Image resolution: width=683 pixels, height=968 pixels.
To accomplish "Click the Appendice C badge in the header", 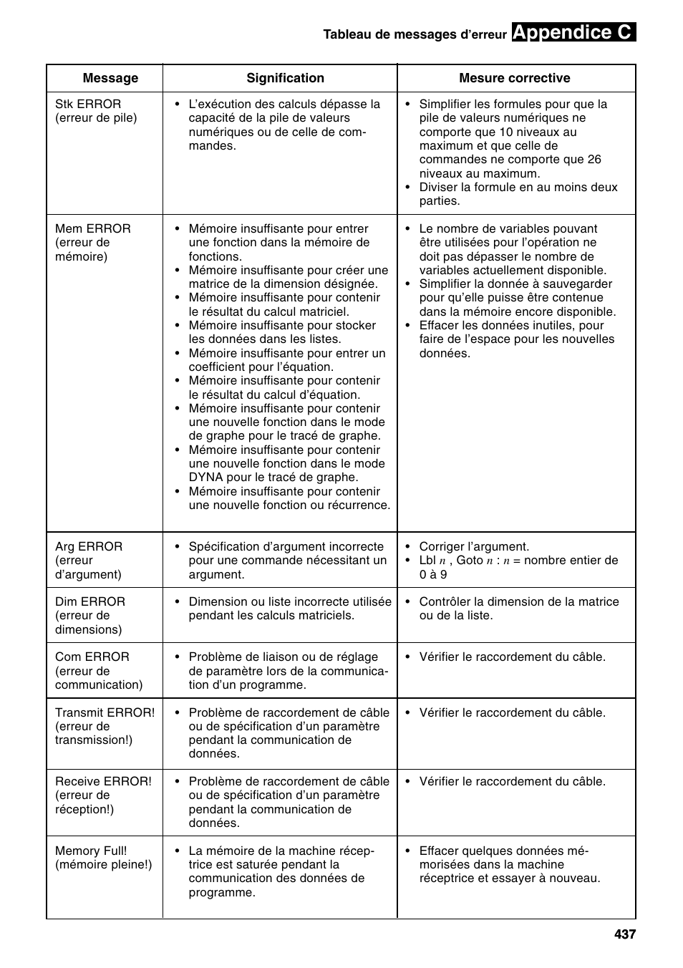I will click(573, 32).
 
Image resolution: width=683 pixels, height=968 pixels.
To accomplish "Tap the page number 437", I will click(624, 934).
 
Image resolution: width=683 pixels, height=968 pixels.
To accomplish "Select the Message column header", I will click(110, 78).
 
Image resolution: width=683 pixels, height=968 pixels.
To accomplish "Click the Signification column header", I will click(285, 78).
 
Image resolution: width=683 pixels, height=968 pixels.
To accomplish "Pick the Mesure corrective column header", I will click(514, 78).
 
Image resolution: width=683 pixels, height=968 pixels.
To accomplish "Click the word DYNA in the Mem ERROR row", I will click(206, 478).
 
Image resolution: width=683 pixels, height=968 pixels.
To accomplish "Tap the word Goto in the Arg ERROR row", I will click(469, 561).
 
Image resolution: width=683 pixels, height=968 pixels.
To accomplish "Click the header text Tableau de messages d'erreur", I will click(415, 34).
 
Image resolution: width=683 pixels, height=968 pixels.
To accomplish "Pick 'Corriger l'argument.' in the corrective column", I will click(474, 546).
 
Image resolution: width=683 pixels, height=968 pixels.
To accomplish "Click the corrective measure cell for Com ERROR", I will click(512, 657).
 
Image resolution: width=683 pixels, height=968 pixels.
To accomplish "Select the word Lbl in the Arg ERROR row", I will click(427, 561).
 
